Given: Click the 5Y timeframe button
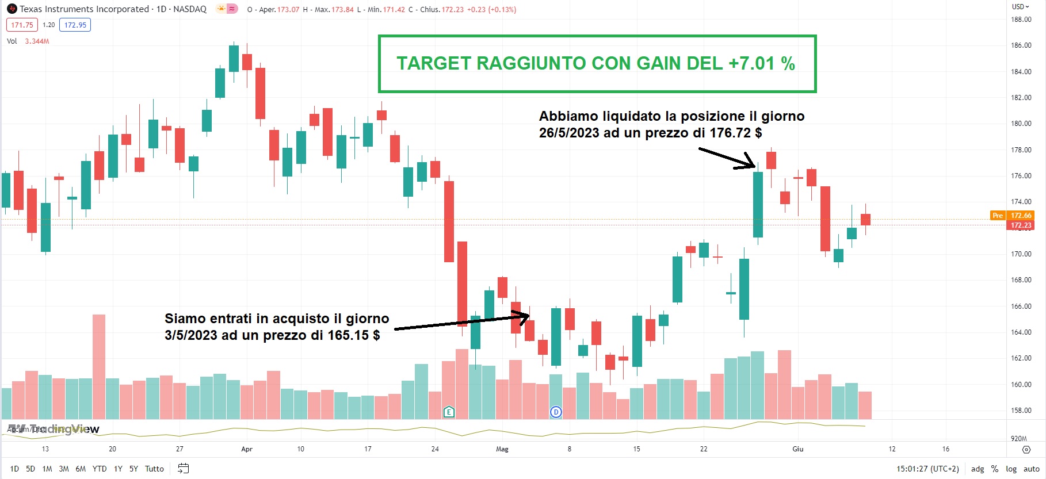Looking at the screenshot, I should pyautogui.click(x=133, y=469).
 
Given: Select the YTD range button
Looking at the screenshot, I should pyautogui.click(x=100, y=469).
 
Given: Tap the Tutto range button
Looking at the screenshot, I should pyautogui.click(x=154, y=469).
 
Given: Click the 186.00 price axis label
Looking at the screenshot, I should pyautogui.click(x=1021, y=45).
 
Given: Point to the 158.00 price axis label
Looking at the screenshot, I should pyautogui.click(x=1021, y=411).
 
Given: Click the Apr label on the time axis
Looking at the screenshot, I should pyautogui.click(x=247, y=449).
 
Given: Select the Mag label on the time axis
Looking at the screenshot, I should pyautogui.click(x=502, y=449).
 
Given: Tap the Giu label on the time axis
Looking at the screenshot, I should pyautogui.click(x=798, y=449).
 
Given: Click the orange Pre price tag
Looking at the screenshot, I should pyautogui.click(x=998, y=216).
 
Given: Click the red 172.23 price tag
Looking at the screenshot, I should pyautogui.click(x=1021, y=225).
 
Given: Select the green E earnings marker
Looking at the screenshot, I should pyautogui.click(x=449, y=412).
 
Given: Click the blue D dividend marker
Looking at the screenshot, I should pyautogui.click(x=556, y=412).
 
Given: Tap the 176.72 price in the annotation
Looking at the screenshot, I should pyautogui.click(x=730, y=133).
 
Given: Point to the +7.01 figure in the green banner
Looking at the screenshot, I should pyautogui.click(x=751, y=63).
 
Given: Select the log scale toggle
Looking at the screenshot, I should pyautogui.click(x=1011, y=469).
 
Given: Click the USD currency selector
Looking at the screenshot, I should pyautogui.click(x=1020, y=7).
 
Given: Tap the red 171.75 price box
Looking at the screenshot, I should pyautogui.click(x=22, y=25).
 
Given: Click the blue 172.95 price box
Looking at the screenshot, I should pyautogui.click(x=75, y=25).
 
